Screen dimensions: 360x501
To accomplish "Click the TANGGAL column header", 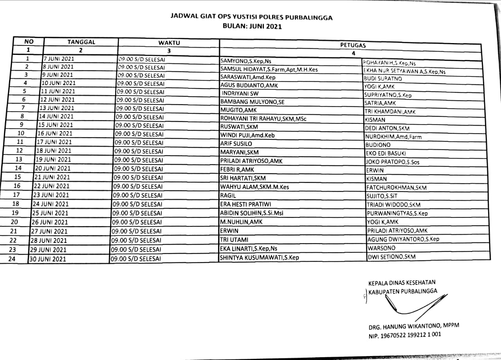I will [x=81, y=42].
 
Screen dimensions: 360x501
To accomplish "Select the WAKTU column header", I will [x=169, y=43].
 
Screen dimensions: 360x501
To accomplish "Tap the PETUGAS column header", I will [x=353, y=45].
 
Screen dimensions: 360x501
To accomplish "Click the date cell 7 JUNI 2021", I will [x=58, y=59].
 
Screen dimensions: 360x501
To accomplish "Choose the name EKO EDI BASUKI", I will [x=386, y=153].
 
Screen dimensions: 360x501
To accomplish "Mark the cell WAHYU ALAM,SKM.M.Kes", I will [x=254, y=187].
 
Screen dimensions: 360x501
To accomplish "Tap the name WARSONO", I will [x=381, y=248].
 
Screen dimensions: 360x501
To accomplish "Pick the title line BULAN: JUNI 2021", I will [x=252, y=27].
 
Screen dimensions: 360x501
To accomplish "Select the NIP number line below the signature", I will [x=405, y=335].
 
